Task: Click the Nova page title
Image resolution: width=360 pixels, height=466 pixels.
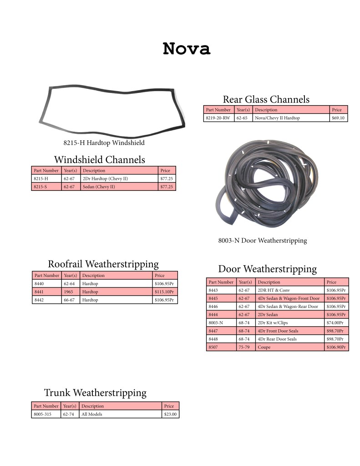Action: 187,49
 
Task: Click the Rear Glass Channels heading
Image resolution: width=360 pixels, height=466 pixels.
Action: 266,99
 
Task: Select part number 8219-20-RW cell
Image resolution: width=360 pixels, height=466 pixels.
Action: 218,118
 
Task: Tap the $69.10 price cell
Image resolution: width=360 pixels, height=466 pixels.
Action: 338,118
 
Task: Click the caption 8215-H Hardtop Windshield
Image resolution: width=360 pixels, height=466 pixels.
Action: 104,143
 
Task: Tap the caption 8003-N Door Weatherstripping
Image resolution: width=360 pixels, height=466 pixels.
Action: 263,241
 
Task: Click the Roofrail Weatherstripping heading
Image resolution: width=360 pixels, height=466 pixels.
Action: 103,264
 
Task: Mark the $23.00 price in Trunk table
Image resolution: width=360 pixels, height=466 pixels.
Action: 170,414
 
